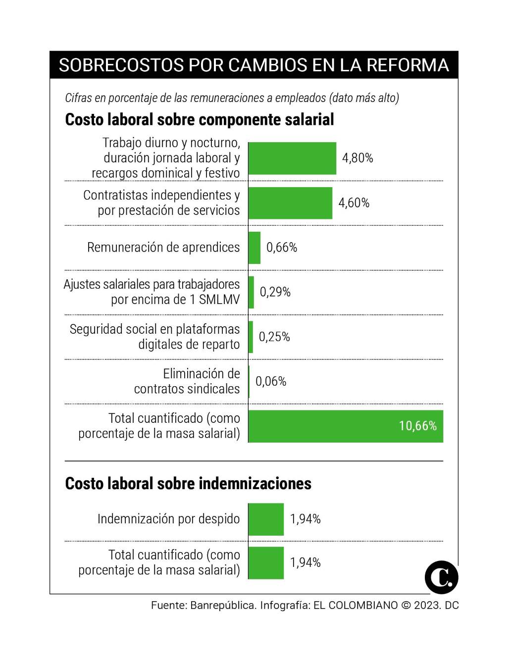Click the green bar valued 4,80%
tap(292, 158)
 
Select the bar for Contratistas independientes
tap(290, 203)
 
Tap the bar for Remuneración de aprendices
tap(254, 248)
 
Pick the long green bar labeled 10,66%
tap(345, 426)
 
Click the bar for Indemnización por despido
tap(266, 519)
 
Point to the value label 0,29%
tap(275, 292)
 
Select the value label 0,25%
tap(274, 337)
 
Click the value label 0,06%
tap(271, 382)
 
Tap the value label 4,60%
tap(354, 203)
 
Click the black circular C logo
tap(441, 577)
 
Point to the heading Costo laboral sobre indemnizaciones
tap(188, 484)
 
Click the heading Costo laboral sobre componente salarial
tap(200, 120)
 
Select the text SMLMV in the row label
tap(219, 300)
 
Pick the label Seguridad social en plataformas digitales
tap(154, 337)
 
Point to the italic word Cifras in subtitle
tap(78, 98)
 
